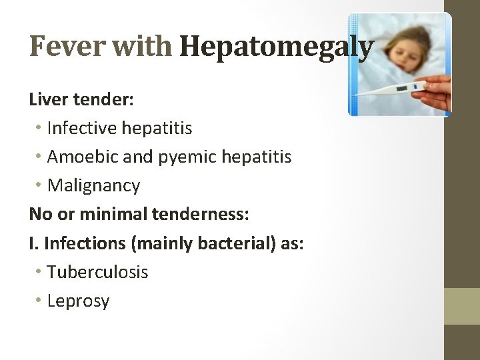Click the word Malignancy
click(x=93, y=185)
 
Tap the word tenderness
click(x=201, y=214)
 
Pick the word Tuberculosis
click(x=97, y=272)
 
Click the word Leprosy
click(x=78, y=301)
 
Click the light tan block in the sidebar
click(x=462, y=306)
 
